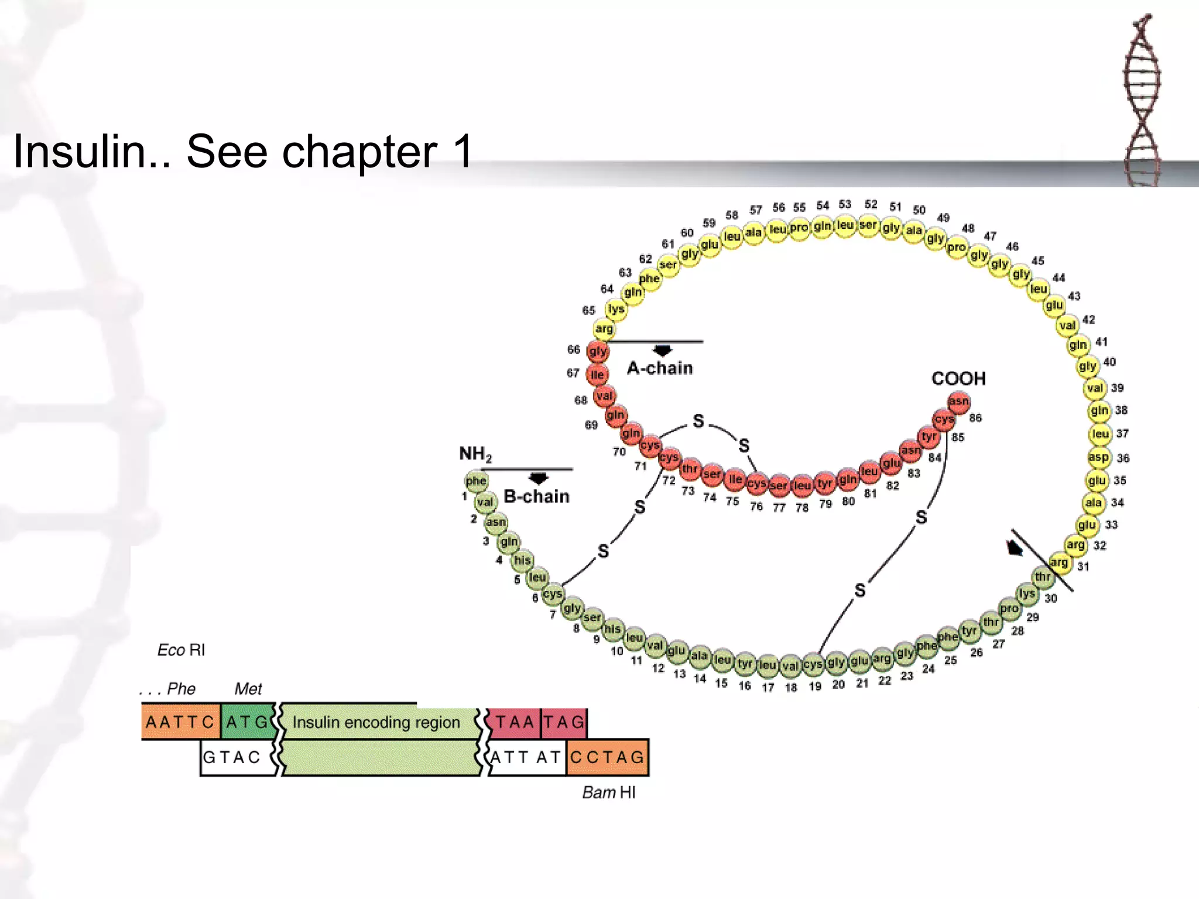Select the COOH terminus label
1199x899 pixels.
pyautogui.click(x=958, y=379)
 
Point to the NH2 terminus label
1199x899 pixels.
pyautogui.click(x=475, y=454)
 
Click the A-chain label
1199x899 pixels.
pyautogui.click(x=660, y=368)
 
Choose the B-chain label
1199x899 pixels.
pyautogui.click(x=536, y=496)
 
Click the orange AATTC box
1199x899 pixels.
pyautogui.click(x=180, y=722)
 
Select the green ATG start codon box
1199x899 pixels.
pyautogui.click(x=246, y=722)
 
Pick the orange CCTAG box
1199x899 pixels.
pyautogui.click(x=608, y=757)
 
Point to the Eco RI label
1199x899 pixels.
pyautogui.click(x=181, y=650)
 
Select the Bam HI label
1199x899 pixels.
pyautogui.click(x=609, y=792)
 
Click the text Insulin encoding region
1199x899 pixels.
pyautogui.click(x=376, y=722)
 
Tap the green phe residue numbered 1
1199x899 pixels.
pyautogui.click(x=475, y=481)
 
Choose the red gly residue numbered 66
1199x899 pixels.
pyautogui.click(x=598, y=351)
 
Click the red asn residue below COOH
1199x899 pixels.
pyautogui.click(x=958, y=402)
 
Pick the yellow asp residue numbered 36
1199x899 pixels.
pyautogui.click(x=1098, y=457)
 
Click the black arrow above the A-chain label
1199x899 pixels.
pyautogui.click(x=662, y=351)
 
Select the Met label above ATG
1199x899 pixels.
pyautogui.click(x=248, y=689)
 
